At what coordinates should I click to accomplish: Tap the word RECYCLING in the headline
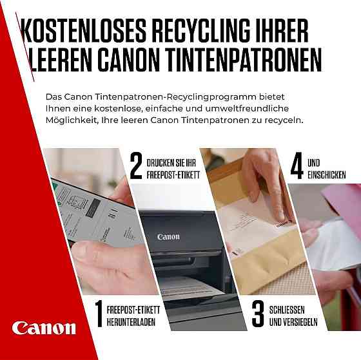[204, 31]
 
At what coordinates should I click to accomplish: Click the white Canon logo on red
[43, 328]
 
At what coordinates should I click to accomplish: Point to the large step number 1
[99, 313]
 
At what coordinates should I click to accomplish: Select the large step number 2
[135, 166]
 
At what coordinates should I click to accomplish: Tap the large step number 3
[258, 313]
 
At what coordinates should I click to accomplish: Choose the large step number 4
[297, 166]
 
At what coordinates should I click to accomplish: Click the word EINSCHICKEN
[327, 175]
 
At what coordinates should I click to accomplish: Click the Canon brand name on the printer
[168, 236]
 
